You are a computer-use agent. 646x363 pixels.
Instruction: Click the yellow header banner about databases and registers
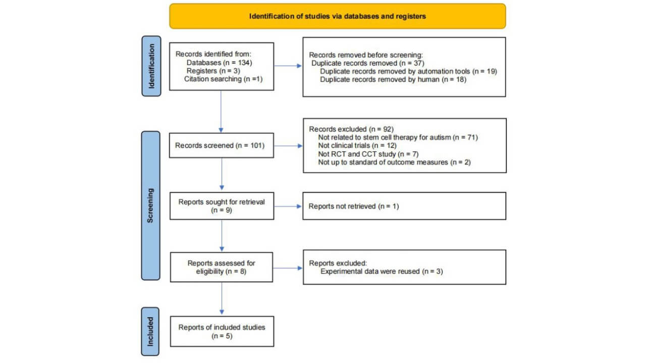coord(337,16)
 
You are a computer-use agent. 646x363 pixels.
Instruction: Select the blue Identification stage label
coord(151,66)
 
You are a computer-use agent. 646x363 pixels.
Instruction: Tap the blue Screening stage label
coord(151,205)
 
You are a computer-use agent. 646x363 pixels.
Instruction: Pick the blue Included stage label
coord(151,331)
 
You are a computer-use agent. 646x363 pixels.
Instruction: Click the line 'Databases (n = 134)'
coord(219,63)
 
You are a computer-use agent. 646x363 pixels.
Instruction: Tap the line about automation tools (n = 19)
coord(408,71)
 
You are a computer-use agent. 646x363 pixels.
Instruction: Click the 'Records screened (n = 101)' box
coord(222,146)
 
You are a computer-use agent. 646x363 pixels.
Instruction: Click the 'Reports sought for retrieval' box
coord(222,206)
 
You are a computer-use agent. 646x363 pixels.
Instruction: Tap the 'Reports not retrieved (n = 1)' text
coord(353,206)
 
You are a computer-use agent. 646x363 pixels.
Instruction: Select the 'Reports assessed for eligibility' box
coord(222,267)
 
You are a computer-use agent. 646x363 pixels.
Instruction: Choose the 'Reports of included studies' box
coord(222,331)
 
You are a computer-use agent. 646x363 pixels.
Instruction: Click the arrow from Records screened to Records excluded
coord(288,146)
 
